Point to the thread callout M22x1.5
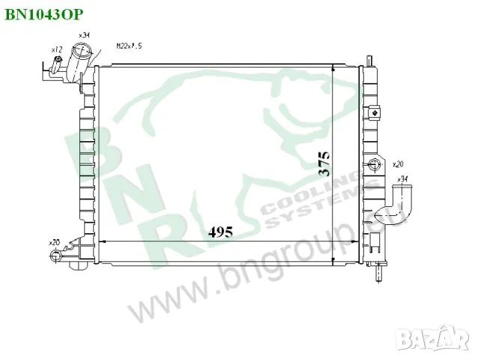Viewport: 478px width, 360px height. tap(129, 46)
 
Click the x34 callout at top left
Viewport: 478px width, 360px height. tap(84, 35)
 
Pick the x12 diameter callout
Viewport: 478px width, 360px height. tap(55, 49)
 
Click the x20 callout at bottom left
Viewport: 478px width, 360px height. tap(54, 242)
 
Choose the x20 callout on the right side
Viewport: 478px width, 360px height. tap(398, 163)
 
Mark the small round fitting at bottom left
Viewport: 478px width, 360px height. tap(54, 256)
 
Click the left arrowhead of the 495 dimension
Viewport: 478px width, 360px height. tap(103, 241)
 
